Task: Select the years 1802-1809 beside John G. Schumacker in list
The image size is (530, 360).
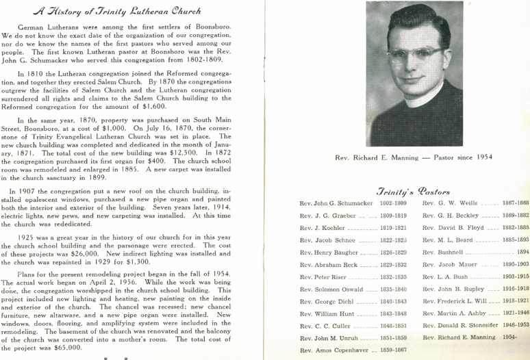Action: [392, 204]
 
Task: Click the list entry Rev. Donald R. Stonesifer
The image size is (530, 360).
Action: [462, 326]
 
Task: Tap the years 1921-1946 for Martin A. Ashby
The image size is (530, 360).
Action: [516, 313]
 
